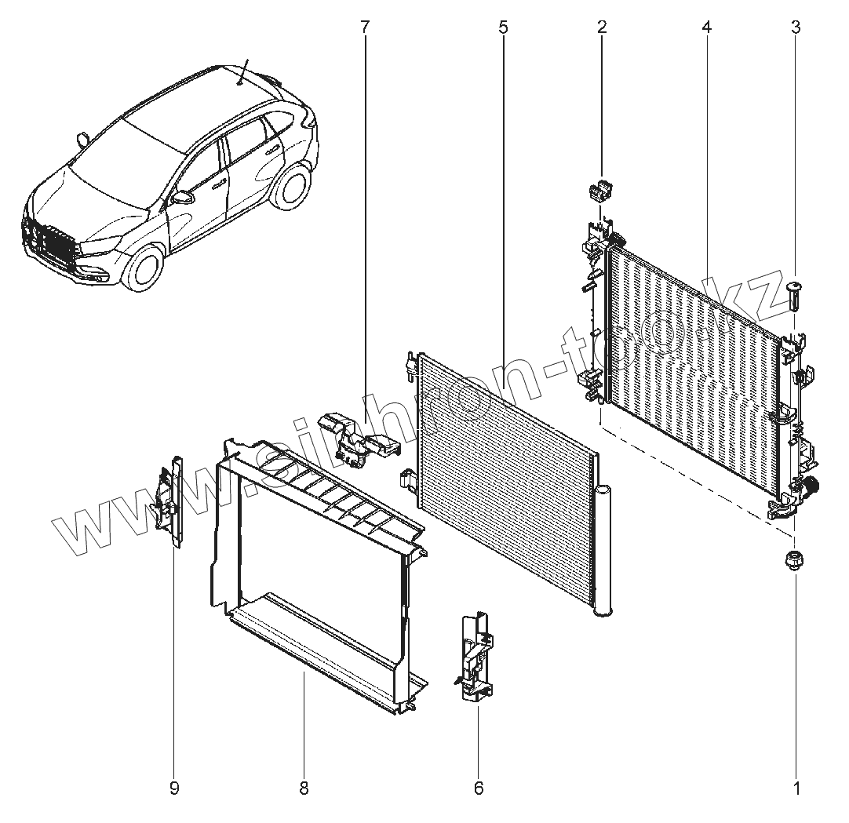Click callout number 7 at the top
click(x=364, y=27)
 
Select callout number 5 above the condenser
click(x=502, y=27)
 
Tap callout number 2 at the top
click(x=602, y=27)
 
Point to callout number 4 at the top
click(x=706, y=27)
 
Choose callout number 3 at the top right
click(x=796, y=27)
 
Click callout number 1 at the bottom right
click(x=797, y=788)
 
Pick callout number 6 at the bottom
click(x=479, y=788)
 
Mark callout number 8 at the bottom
click(x=304, y=788)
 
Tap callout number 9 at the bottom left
click(x=174, y=788)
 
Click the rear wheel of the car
click(x=294, y=191)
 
